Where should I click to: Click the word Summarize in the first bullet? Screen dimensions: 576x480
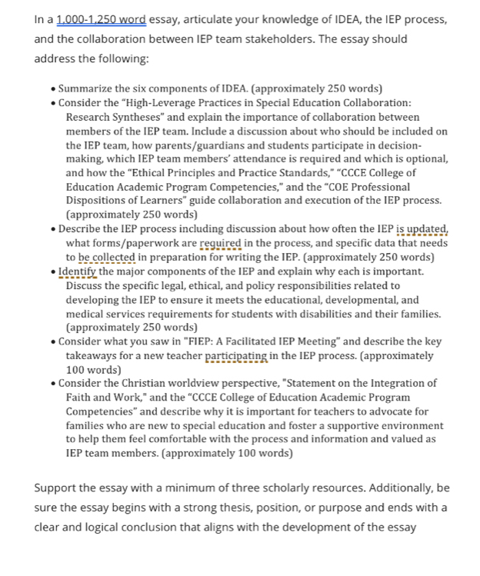pos(87,88)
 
